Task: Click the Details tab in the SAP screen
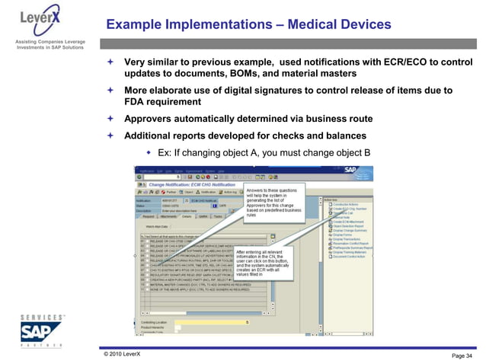tap(187, 216)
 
